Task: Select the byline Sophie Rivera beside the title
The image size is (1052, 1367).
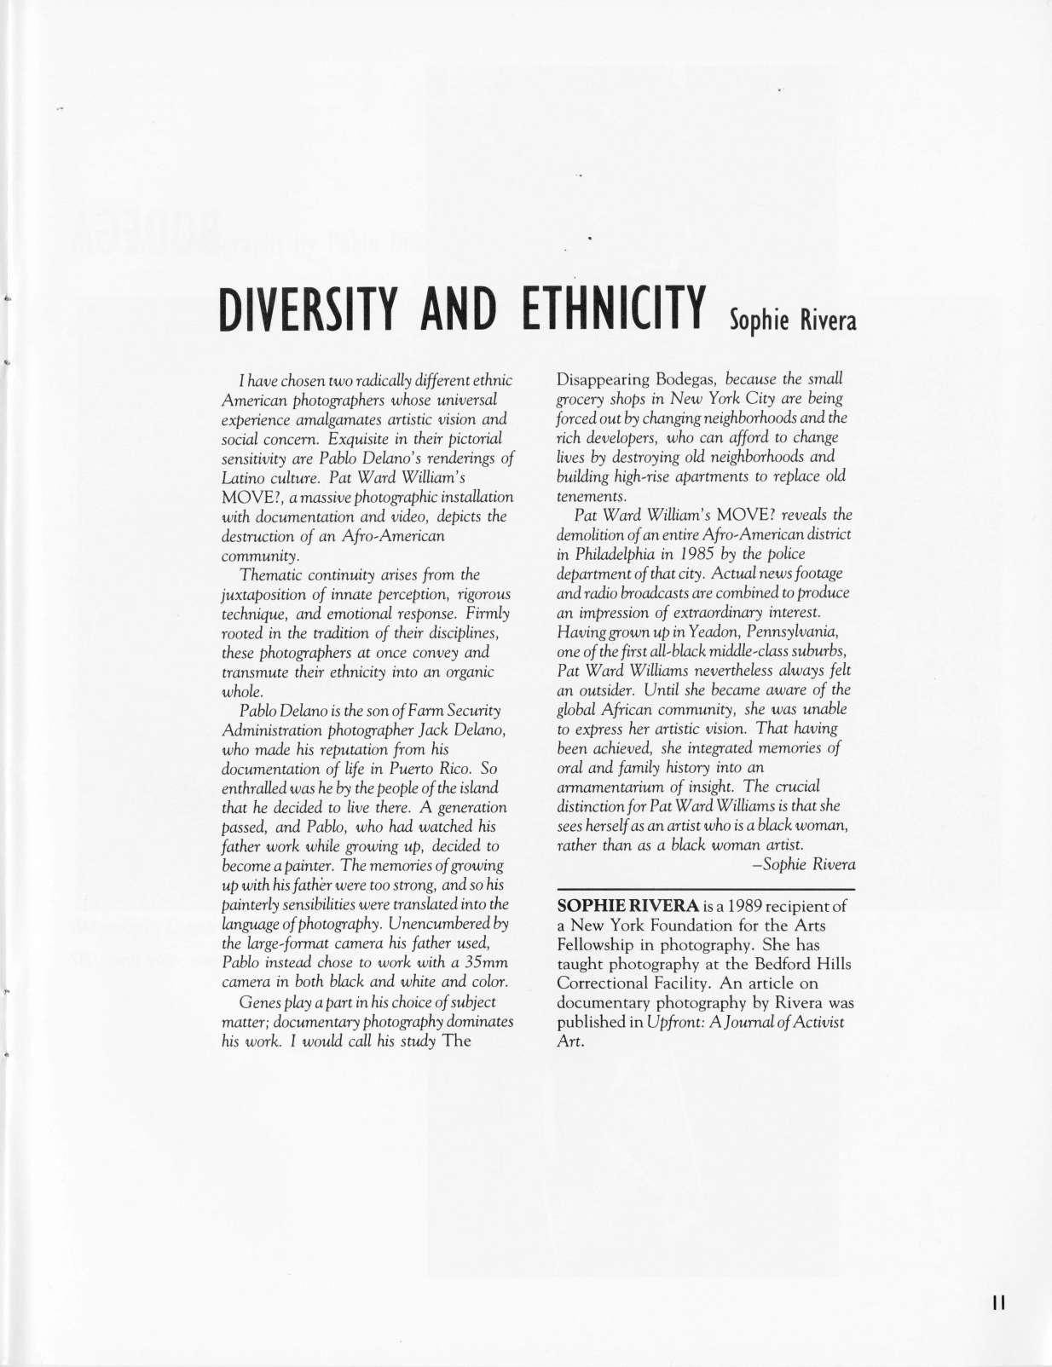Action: (x=792, y=320)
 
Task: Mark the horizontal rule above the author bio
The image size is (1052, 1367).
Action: (x=704, y=888)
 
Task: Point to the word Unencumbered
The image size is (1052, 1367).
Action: (x=439, y=924)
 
